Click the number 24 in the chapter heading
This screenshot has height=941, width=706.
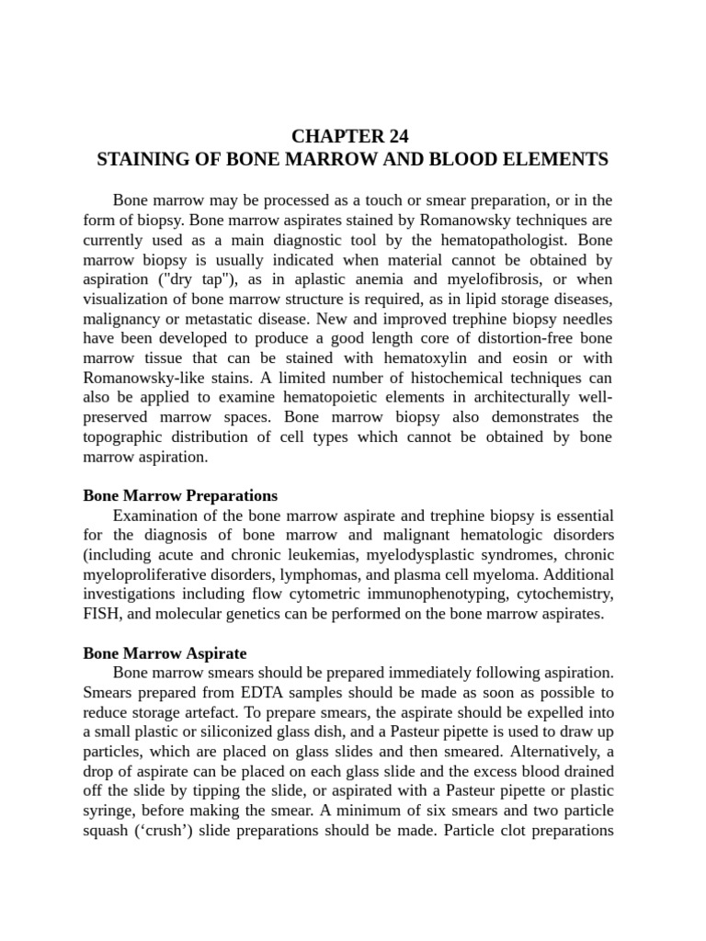[396, 137]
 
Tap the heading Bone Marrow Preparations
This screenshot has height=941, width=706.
[180, 496]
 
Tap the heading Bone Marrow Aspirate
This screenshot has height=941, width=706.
[165, 654]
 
